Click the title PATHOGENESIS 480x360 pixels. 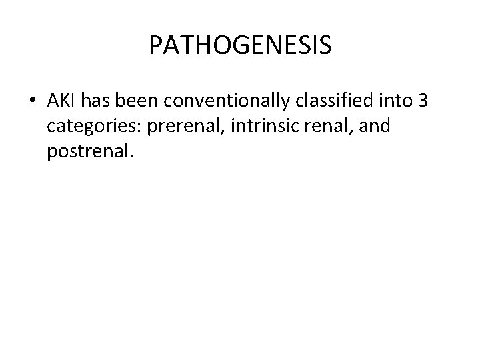(x=240, y=45)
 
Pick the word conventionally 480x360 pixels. (x=217, y=101)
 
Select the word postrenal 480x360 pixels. (x=89, y=154)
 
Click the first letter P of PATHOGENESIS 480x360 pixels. (x=155, y=45)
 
